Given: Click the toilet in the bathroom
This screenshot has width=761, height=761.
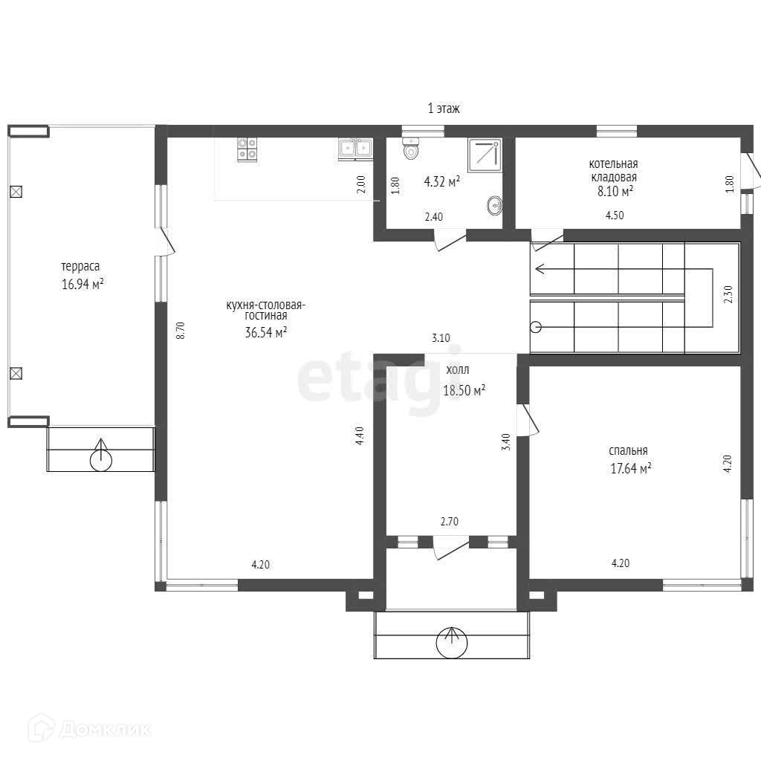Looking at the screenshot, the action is tap(410, 148).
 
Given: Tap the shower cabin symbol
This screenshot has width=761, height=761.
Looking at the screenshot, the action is tap(485, 155).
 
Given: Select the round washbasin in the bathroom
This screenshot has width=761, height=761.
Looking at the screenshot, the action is tap(495, 206).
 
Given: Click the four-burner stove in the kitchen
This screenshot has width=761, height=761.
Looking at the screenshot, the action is tap(247, 149).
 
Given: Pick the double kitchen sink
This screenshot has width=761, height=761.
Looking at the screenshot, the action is tap(356, 149).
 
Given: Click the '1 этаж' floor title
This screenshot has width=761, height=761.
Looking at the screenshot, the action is tap(444, 109).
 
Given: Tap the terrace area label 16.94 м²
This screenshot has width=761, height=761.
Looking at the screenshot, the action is tap(82, 284).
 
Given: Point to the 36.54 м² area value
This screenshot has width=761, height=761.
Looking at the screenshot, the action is tap(265, 332).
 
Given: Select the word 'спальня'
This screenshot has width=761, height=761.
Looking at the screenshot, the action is tap(628, 451).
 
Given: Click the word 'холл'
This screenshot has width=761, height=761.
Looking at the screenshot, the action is tap(458, 370).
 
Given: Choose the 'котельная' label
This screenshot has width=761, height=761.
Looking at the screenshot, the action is tap(613, 163).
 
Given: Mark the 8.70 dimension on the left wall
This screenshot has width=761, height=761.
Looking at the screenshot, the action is tap(181, 330).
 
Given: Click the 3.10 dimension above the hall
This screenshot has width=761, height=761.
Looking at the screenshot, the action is tap(441, 338).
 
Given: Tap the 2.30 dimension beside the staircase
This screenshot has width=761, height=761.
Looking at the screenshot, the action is tap(728, 294).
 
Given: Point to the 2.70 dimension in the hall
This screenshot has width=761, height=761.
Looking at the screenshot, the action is tap(450, 522).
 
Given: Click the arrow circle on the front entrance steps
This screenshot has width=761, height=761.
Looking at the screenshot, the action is tap(452, 642).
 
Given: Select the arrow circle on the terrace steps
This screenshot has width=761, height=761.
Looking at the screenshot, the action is tap(101, 457).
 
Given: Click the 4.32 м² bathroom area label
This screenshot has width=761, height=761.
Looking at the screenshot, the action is tap(442, 182).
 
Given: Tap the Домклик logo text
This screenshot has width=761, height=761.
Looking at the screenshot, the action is tap(106, 729).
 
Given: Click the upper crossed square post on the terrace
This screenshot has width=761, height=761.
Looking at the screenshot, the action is tap(16, 192).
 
